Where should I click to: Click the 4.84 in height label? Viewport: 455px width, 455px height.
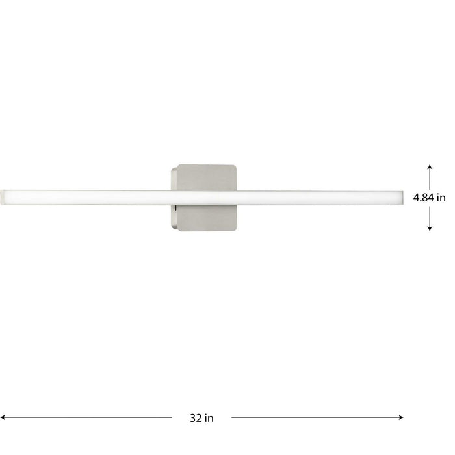click(x=428, y=198)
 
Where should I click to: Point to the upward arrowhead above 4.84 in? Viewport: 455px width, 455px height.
click(x=430, y=167)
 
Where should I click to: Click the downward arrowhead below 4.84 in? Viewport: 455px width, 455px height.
click(x=430, y=228)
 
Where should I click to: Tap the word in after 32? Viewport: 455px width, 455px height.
click(x=209, y=418)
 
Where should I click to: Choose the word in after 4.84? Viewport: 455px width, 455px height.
click(x=441, y=198)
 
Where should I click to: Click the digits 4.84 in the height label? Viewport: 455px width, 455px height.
click(x=422, y=198)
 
